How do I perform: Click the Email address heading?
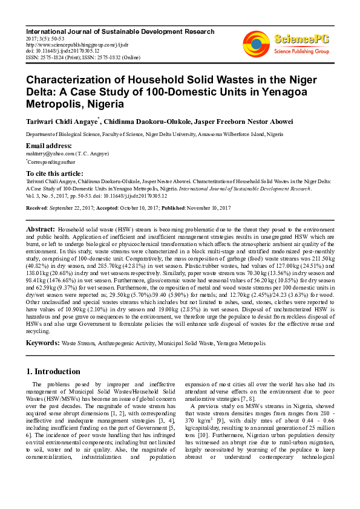click(49, 146)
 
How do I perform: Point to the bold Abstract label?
click(40, 230)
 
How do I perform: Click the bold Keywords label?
click(42, 343)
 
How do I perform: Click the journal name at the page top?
click(120, 31)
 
